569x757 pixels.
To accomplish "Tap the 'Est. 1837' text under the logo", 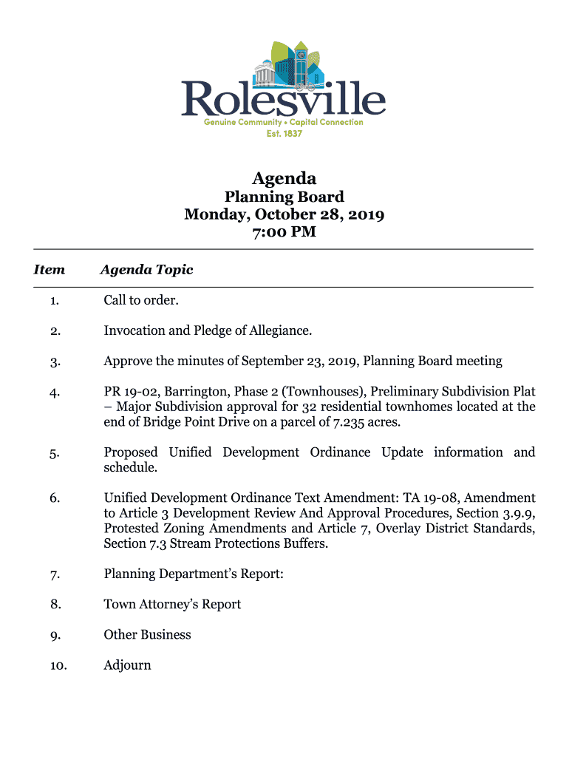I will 284,133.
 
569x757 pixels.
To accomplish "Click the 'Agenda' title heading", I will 284,178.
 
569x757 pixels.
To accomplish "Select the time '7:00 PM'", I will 284,232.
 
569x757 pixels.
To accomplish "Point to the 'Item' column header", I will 50,270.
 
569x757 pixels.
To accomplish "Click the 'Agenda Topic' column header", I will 146,270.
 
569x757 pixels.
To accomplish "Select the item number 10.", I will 58,666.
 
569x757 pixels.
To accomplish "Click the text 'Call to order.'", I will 141,300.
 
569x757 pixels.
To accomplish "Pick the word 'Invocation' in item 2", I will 134,330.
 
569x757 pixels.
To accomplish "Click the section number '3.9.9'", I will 516,513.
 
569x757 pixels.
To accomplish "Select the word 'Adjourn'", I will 127,665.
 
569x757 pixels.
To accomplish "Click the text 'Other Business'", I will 147,635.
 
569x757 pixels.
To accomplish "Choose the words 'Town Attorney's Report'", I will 172,605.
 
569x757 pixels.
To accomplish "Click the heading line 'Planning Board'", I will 284,197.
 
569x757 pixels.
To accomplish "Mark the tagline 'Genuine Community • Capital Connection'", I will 284,122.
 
